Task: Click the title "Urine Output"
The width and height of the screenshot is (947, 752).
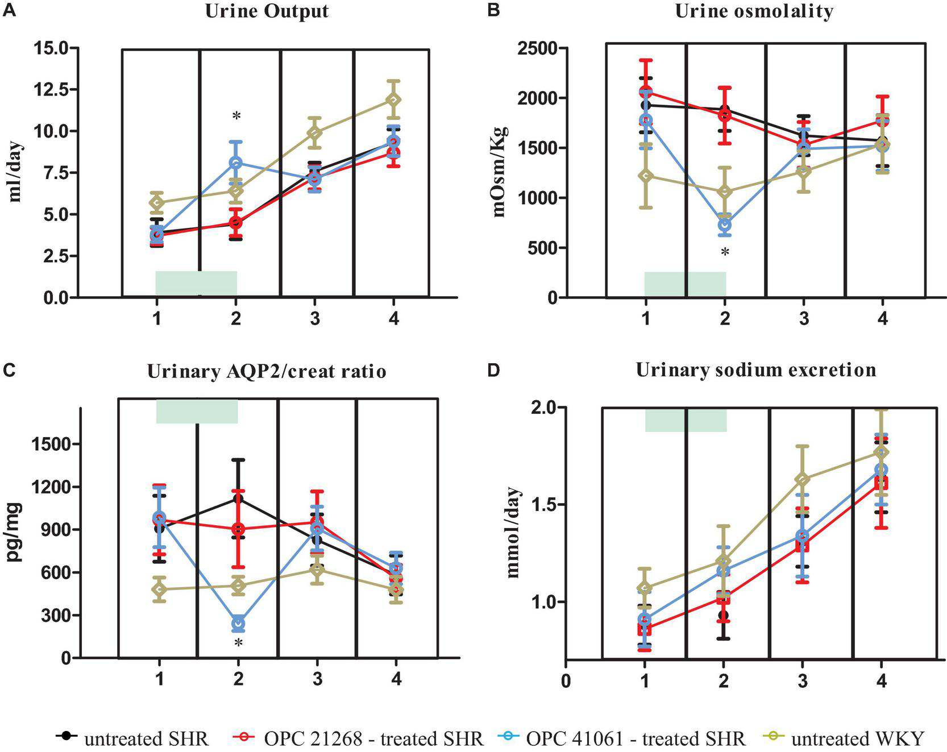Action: (267, 11)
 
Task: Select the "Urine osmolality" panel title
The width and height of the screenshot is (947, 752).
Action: (754, 11)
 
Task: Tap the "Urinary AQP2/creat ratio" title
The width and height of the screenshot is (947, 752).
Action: (267, 371)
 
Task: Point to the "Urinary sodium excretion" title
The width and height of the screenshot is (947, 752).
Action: (755, 370)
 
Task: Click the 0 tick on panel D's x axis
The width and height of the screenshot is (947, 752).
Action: (565, 680)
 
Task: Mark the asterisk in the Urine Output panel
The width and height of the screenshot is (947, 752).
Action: (236, 117)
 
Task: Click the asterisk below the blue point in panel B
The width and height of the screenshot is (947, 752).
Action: (725, 252)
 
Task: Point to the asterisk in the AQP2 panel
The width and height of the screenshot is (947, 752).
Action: (238, 643)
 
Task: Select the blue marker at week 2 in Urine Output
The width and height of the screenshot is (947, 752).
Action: (236, 163)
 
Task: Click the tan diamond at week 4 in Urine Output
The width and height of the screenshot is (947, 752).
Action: (393, 99)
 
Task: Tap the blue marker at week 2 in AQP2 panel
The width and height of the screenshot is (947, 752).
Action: (238, 624)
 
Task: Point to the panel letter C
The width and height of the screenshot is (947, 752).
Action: (9, 369)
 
